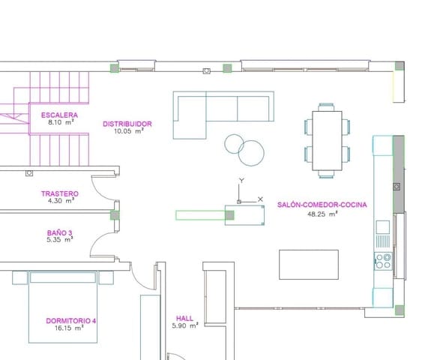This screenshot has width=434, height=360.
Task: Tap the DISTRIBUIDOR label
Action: pos(127,123)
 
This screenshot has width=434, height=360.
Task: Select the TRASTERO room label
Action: pos(59,193)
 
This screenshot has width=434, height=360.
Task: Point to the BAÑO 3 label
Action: pos(59,232)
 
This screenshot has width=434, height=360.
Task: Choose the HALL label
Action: pos(184,317)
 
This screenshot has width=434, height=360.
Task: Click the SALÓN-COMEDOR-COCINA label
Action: pos(322,204)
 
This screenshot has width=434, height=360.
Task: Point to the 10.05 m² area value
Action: pos(127,130)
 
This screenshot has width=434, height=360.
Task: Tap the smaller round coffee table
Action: pos(233,142)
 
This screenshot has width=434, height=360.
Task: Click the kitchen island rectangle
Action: pos(308,264)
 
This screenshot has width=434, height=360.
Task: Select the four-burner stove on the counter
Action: pos(382,261)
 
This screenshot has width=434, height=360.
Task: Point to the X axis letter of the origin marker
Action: pos(260,199)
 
